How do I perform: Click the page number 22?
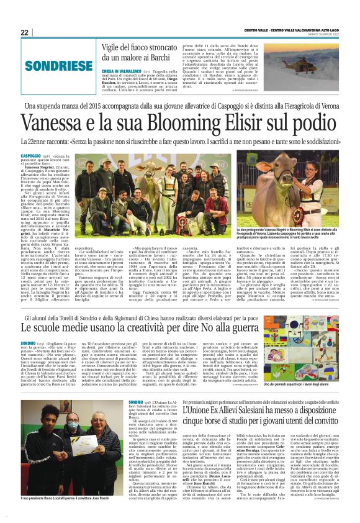25,32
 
